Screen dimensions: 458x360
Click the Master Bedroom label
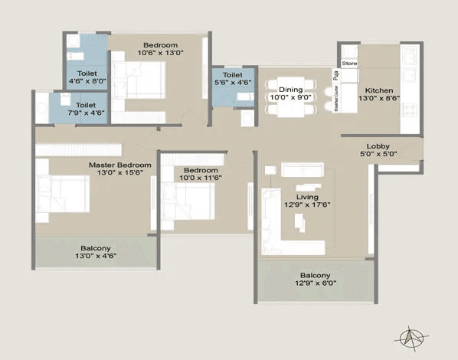point(120,165)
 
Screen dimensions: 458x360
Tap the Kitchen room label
point(379,90)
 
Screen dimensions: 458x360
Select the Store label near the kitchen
point(349,64)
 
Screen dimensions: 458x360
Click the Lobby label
point(378,146)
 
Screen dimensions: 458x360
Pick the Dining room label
point(290,90)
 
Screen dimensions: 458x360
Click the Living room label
point(307,197)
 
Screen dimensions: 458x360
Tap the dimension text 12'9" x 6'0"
point(316,283)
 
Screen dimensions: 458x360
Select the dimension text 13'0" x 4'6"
point(96,256)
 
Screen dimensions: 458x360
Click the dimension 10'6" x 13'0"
point(160,53)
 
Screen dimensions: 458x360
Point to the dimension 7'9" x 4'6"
point(86,113)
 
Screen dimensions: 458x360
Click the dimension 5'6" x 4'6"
point(233,83)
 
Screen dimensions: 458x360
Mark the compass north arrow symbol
point(411,339)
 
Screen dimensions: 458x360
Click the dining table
point(290,97)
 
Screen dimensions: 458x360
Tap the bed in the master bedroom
point(63,194)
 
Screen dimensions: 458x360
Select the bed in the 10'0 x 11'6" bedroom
point(188,201)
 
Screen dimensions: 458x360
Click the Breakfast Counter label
point(336,99)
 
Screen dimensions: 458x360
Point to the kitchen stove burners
point(409,110)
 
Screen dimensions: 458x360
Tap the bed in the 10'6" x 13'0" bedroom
point(139,80)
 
